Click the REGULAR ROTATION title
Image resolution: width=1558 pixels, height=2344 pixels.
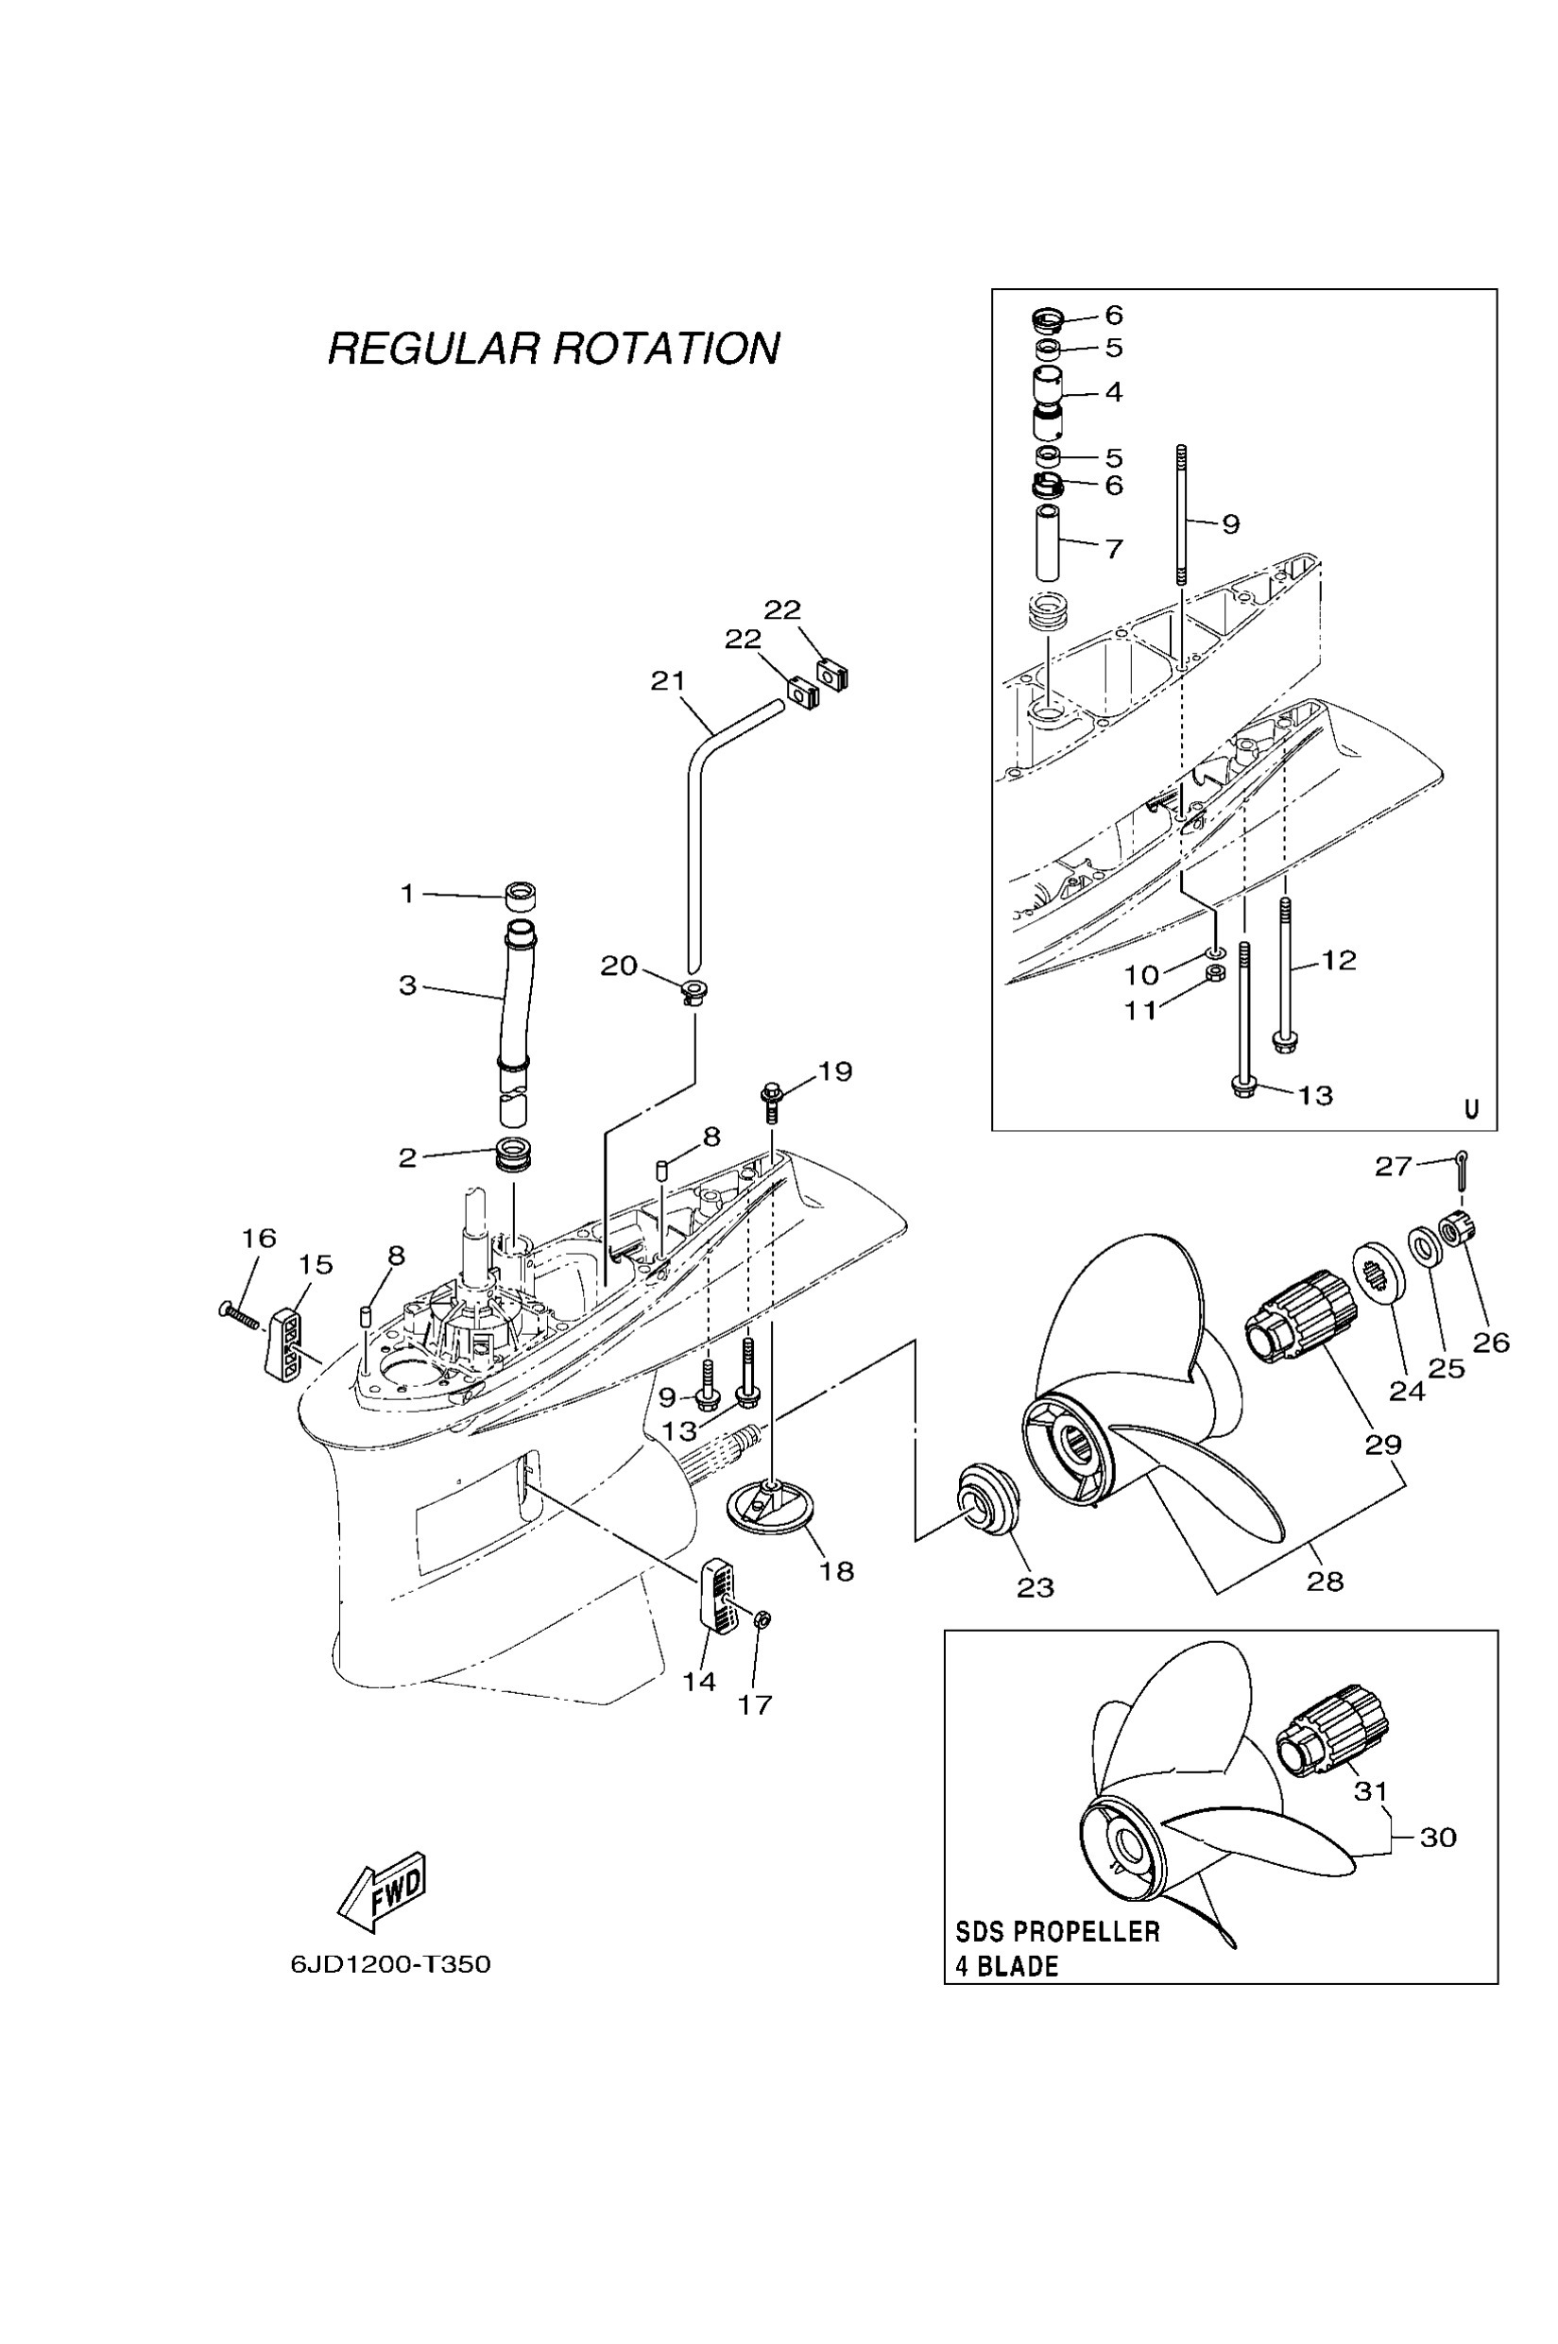[x=554, y=349]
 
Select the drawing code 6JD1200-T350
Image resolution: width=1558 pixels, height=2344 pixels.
[x=390, y=1965]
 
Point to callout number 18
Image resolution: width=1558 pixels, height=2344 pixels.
[x=836, y=1571]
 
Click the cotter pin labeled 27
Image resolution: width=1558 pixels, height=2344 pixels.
[x=1462, y=1170]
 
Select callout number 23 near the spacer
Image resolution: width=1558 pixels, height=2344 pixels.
[x=1035, y=1588]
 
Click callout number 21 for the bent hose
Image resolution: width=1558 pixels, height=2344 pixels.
[x=668, y=681]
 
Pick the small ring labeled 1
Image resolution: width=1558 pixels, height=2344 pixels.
[x=520, y=897]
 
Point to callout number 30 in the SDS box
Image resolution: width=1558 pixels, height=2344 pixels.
[x=1438, y=1838]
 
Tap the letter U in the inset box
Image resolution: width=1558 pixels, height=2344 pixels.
[x=1472, y=1109]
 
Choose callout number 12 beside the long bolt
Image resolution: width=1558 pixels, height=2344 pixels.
[x=1339, y=960]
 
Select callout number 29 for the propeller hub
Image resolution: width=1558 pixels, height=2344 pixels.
[x=1382, y=1444]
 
